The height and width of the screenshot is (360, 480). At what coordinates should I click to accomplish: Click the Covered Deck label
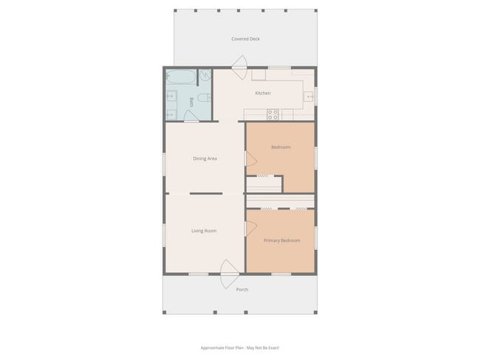(245, 39)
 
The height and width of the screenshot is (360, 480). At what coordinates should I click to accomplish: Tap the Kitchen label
(263, 93)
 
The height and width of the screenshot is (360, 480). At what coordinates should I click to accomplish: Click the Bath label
(192, 102)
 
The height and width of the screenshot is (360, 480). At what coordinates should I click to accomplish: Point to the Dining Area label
(205, 159)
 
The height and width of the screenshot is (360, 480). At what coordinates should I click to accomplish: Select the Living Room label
(204, 231)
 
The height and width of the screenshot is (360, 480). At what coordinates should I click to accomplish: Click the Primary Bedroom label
(281, 240)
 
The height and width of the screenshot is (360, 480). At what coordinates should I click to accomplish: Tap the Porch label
(242, 289)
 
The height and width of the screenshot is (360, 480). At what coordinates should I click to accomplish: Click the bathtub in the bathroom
(181, 77)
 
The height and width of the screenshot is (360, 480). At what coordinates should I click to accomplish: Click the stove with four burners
(272, 114)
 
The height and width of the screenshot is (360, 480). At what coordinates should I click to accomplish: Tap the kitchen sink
(309, 94)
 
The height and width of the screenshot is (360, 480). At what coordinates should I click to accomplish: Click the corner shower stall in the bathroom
(205, 75)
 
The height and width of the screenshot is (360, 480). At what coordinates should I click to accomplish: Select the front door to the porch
(228, 273)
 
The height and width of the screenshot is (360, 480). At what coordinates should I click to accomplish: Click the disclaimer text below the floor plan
(239, 347)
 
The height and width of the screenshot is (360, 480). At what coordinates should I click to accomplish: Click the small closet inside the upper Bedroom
(264, 184)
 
